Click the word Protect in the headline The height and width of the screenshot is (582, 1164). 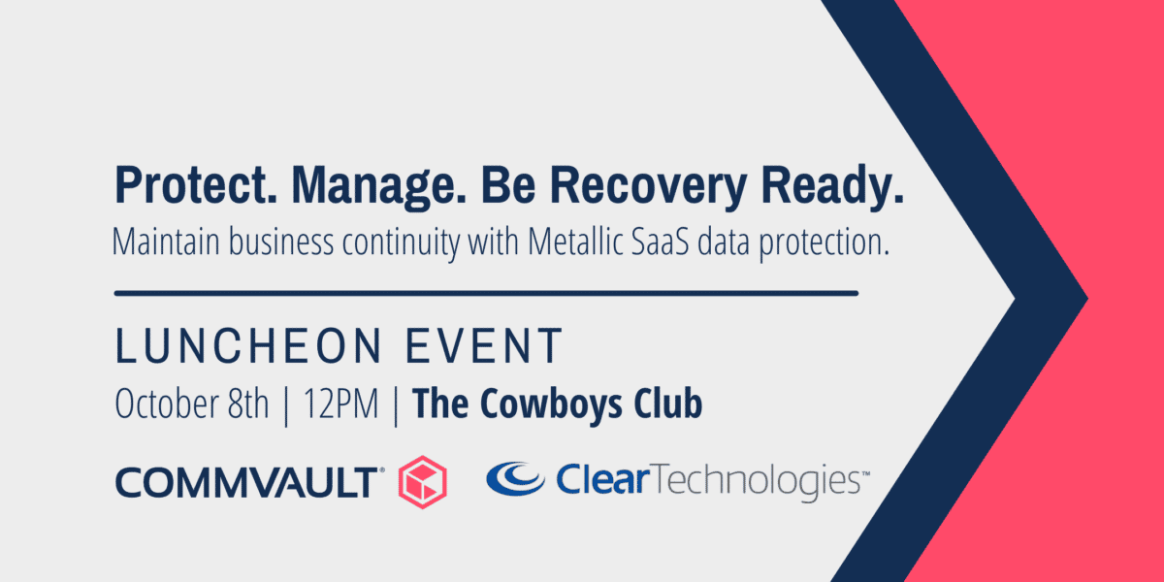[x=196, y=185]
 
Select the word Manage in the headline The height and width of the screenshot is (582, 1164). [x=379, y=186]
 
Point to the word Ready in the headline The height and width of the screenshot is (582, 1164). [x=832, y=186]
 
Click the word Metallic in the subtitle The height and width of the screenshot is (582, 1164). [x=575, y=242]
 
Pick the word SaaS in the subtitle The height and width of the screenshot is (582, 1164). [x=660, y=242]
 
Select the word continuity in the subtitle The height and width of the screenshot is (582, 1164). [x=401, y=243]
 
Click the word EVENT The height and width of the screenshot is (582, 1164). [x=484, y=345]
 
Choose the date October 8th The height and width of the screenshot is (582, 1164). [x=192, y=404]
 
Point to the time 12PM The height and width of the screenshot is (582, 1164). [x=340, y=404]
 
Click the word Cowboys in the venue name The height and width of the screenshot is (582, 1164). [x=551, y=404]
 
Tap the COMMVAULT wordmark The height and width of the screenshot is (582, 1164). [x=249, y=482]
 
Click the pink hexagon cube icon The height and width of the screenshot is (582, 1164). [x=423, y=482]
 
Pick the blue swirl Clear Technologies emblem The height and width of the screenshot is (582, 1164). [x=515, y=478]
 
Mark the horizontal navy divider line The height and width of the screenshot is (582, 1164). [x=486, y=294]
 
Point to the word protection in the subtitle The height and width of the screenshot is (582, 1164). [x=824, y=243]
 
